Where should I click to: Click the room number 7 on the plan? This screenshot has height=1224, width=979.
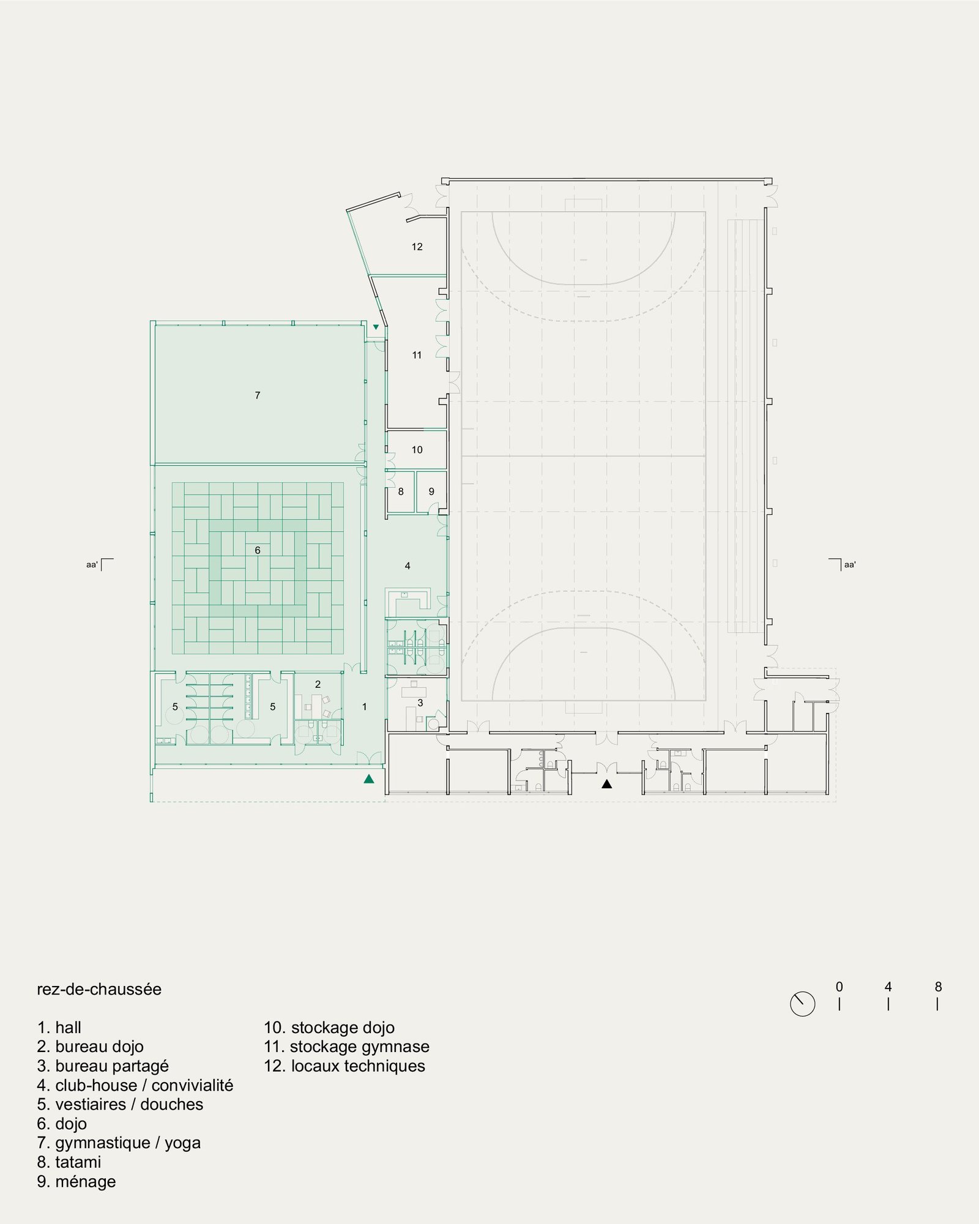[258, 395]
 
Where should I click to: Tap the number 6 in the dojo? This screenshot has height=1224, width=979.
[258, 550]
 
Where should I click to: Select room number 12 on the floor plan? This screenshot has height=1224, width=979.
[417, 247]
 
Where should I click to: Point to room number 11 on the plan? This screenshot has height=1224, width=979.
[417, 355]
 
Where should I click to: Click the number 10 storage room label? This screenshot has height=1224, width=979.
[417, 450]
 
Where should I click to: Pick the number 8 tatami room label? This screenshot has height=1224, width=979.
[401, 491]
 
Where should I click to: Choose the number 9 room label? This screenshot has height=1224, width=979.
[431, 491]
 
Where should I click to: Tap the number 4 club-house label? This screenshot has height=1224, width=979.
[408, 566]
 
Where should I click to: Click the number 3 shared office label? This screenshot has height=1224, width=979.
[420, 703]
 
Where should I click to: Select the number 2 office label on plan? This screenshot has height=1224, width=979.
[318, 684]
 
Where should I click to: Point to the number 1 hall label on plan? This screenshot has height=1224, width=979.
[365, 707]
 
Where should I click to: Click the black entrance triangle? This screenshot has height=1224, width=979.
[606, 783]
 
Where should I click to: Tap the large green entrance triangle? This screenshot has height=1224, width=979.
[369, 779]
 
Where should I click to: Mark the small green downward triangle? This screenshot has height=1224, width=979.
[376, 327]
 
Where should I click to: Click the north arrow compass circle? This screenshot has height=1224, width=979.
[803, 1004]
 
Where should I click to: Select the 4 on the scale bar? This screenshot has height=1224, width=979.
[888, 987]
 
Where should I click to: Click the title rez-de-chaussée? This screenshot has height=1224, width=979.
[99, 990]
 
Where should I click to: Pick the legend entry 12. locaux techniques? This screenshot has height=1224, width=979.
[344, 1065]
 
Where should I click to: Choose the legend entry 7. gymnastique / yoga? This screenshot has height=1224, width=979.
[119, 1143]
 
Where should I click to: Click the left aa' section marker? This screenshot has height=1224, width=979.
[100, 564]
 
